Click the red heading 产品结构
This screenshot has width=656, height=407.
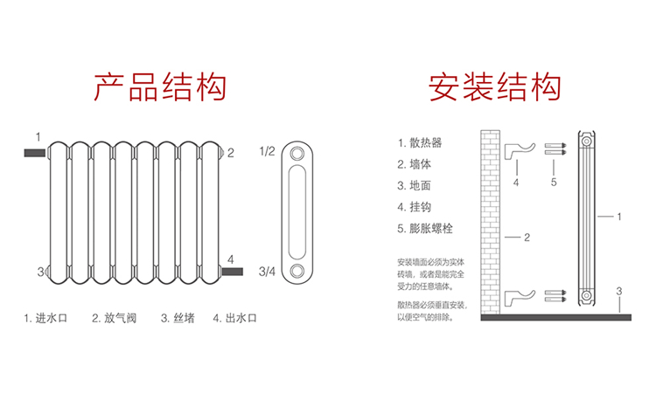160,87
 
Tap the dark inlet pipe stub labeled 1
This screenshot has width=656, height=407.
36,152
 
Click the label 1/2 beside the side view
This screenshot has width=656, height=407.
267,151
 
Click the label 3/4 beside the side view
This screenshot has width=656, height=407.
267,272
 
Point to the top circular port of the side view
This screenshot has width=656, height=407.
299,153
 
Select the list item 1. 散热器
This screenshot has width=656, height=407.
420,142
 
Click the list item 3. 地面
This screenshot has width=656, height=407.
415,185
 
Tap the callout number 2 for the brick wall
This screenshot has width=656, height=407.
527,237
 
